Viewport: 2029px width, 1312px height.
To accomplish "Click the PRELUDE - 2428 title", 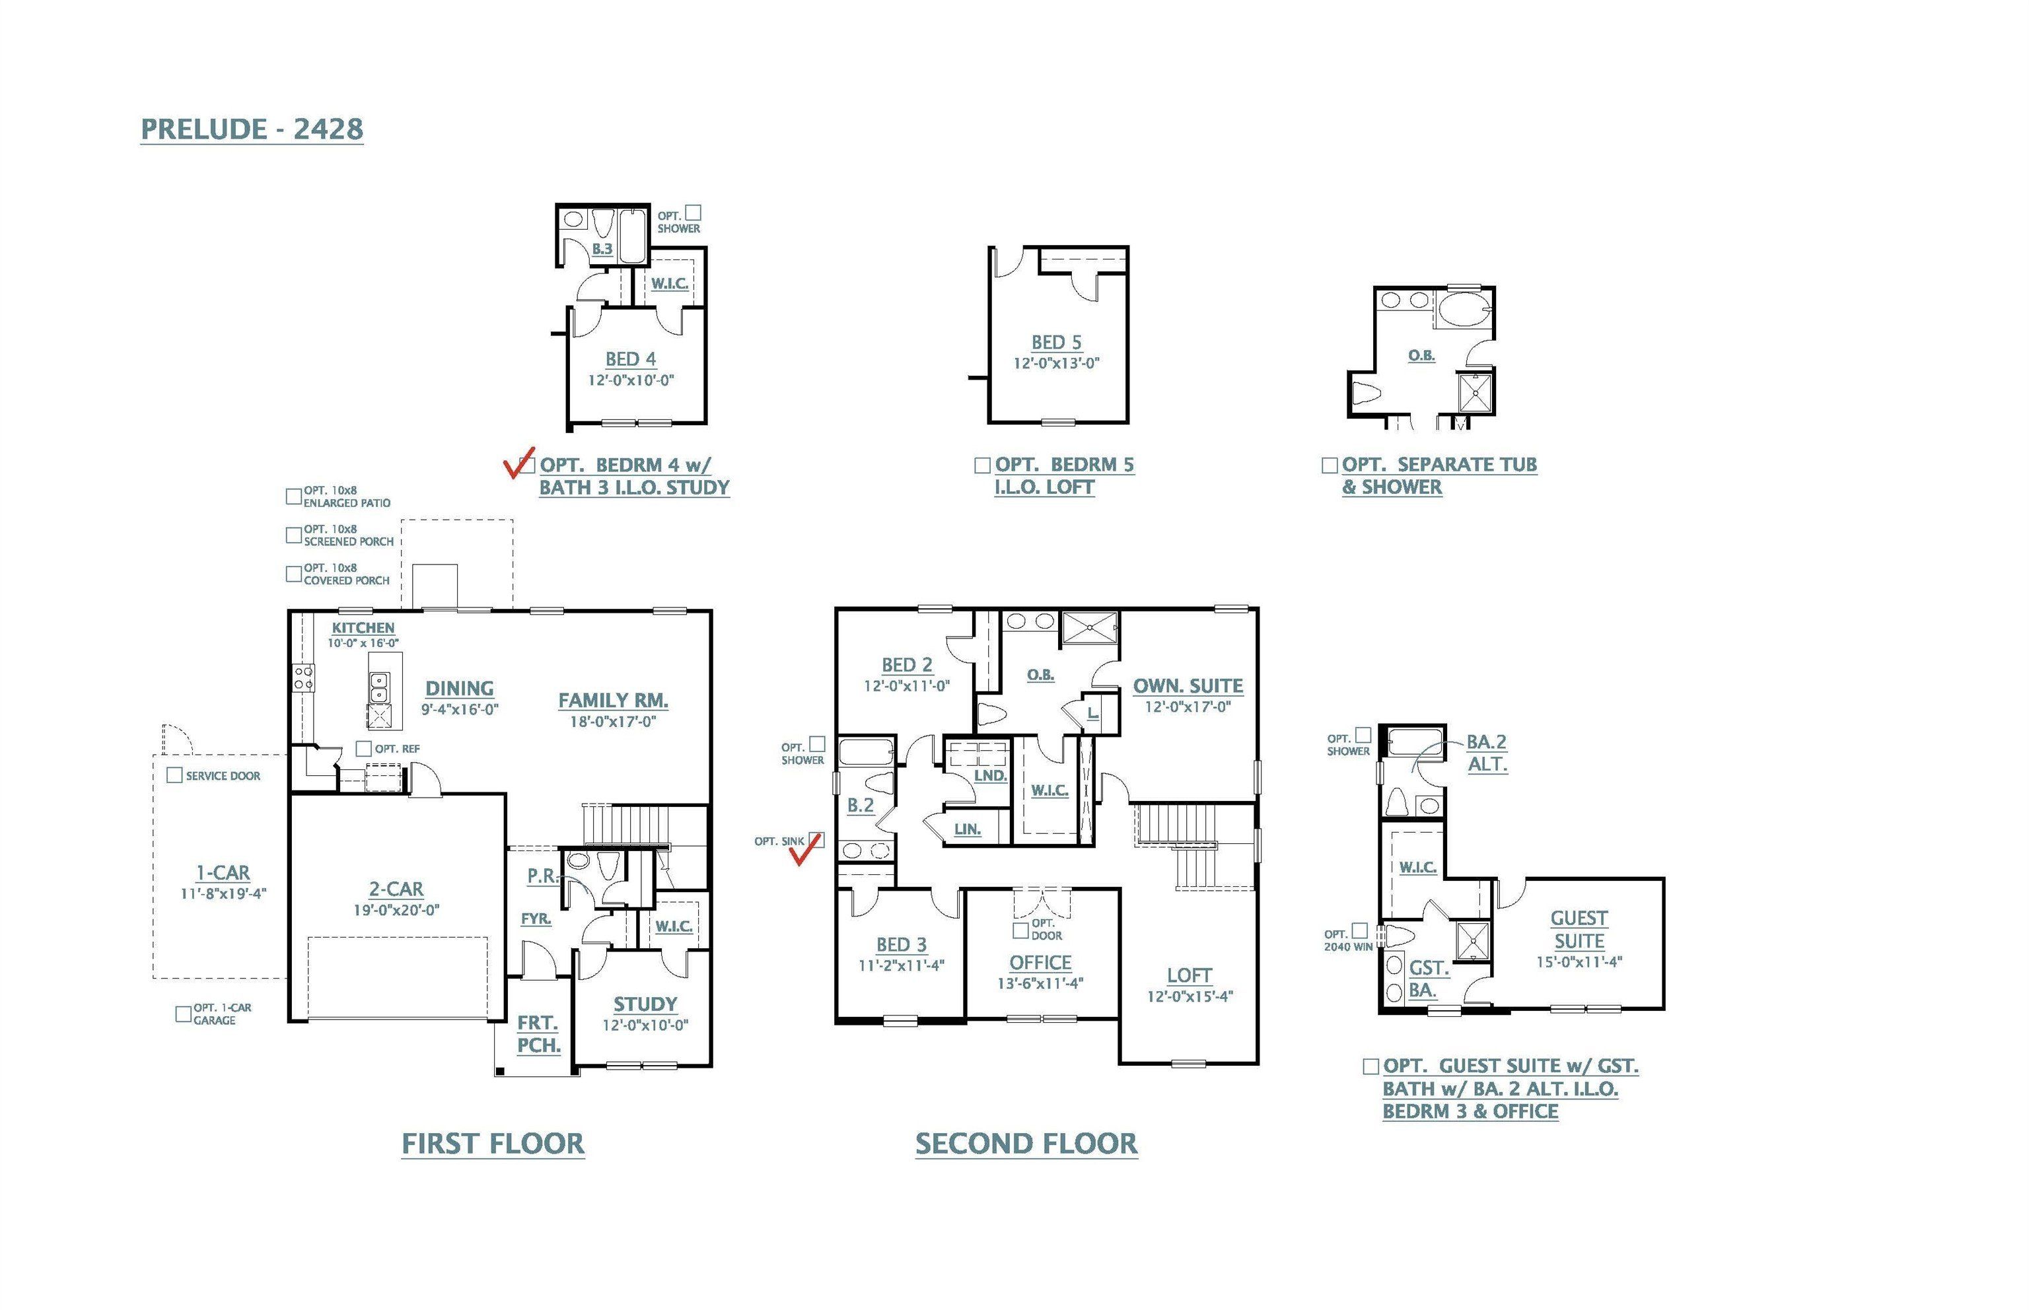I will coord(252,129).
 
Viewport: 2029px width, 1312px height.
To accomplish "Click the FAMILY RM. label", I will coord(613,701).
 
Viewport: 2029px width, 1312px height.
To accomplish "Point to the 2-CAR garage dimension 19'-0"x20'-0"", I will coord(396,910).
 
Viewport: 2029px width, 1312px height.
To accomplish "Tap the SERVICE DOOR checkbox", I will coord(174,775).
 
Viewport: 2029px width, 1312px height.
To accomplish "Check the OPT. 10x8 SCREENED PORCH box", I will coord(294,535).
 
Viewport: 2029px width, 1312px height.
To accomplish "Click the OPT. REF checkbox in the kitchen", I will coord(364,749).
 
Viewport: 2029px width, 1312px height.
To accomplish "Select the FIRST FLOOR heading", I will coord(493,1144).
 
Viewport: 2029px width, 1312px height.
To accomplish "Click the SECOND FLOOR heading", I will coord(1026,1144).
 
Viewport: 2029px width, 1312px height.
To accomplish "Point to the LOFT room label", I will coord(1190,975).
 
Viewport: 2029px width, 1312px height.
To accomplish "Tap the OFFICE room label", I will coord(1040,963).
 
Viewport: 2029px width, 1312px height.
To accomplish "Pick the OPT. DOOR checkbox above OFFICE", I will coord(1020,930).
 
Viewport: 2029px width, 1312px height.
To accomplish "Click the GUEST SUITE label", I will coord(1578,930).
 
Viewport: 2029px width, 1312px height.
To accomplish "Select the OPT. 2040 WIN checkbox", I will coord(1360,931).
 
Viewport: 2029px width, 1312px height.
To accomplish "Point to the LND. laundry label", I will coord(990,776).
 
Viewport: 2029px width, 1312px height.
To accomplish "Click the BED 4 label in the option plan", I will coord(631,359).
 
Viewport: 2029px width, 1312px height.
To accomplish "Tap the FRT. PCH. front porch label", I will coord(538,1033).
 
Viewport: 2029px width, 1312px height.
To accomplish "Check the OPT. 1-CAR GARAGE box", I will coord(183,1014).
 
